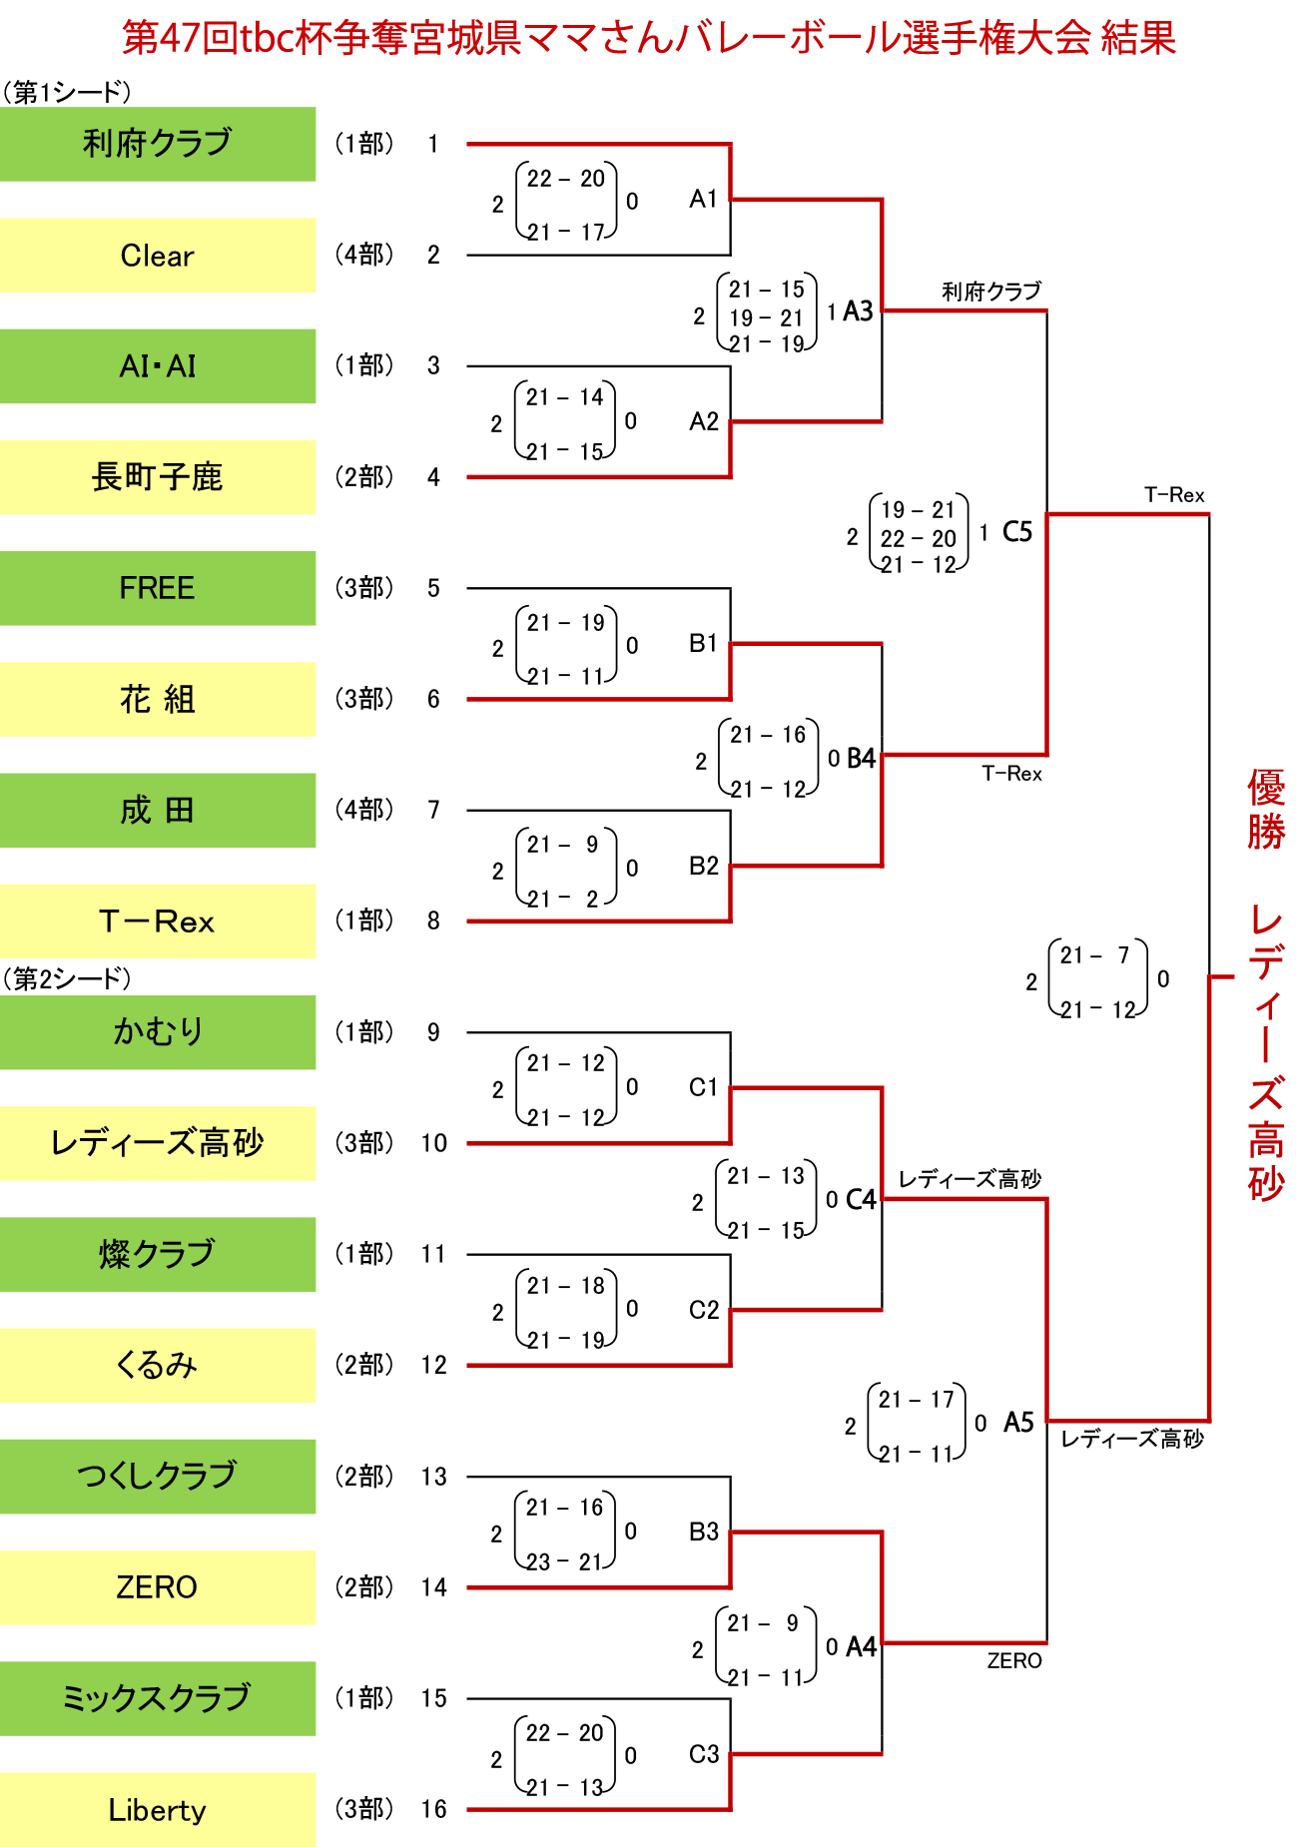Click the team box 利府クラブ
(x=158, y=144)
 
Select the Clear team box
(x=158, y=256)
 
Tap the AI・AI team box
(x=158, y=366)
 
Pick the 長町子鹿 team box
(x=158, y=477)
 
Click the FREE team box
(x=158, y=588)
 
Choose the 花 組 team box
(x=158, y=699)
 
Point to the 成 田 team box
(x=158, y=811)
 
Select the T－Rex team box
(x=158, y=922)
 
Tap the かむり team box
(x=158, y=1032)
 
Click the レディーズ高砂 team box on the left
(x=158, y=1143)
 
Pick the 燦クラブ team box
(x=158, y=1254)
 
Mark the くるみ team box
(x=158, y=1365)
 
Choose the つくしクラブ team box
(x=158, y=1476)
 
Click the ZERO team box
(x=158, y=1587)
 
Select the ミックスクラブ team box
(x=158, y=1698)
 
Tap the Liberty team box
(x=158, y=1809)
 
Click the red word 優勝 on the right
(x=1265, y=809)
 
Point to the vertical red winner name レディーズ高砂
(x=1265, y=1053)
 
